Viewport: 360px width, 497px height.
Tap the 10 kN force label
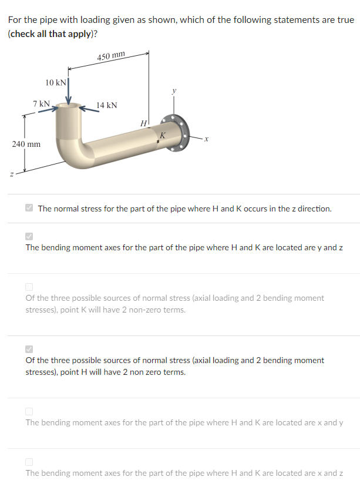coord(56,82)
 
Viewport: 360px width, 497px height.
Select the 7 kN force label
coord(41,103)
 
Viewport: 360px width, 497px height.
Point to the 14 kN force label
coord(107,105)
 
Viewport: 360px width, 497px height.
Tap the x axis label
coord(207,139)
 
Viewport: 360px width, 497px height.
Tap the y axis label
coord(173,91)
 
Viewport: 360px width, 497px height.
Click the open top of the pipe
coord(69,108)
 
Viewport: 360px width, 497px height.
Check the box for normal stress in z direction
coord(29,208)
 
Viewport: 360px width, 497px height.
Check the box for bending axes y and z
coord(29,236)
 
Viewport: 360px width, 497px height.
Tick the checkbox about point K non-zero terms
coord(29,287)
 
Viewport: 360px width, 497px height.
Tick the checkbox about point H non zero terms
coord(29,349)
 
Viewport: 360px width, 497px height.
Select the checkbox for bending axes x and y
coord(29,411)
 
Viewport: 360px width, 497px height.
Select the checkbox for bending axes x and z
coord(29,462)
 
